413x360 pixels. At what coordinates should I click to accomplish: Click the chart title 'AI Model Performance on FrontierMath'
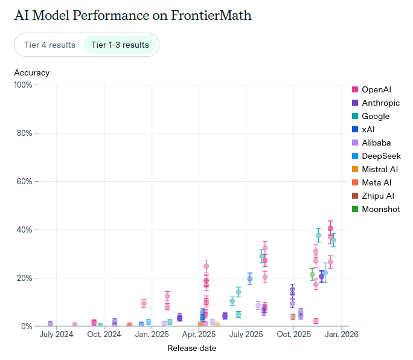(x=133, y=16)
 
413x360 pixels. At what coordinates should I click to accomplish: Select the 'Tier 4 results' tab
(x=50, y=45)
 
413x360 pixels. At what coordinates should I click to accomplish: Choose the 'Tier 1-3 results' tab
(x=120, y=45)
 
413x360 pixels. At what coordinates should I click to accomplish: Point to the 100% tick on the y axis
(x=23, y=85)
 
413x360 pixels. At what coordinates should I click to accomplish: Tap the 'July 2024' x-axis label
(x=56, y=334)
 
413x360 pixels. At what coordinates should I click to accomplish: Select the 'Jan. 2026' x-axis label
(x=341, y=334)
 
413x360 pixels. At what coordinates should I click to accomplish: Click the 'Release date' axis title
(x=191, y=348)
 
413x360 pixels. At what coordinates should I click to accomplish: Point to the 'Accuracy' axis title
(x=32, y=72)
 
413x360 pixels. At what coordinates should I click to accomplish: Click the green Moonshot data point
(x=312, y=274)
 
